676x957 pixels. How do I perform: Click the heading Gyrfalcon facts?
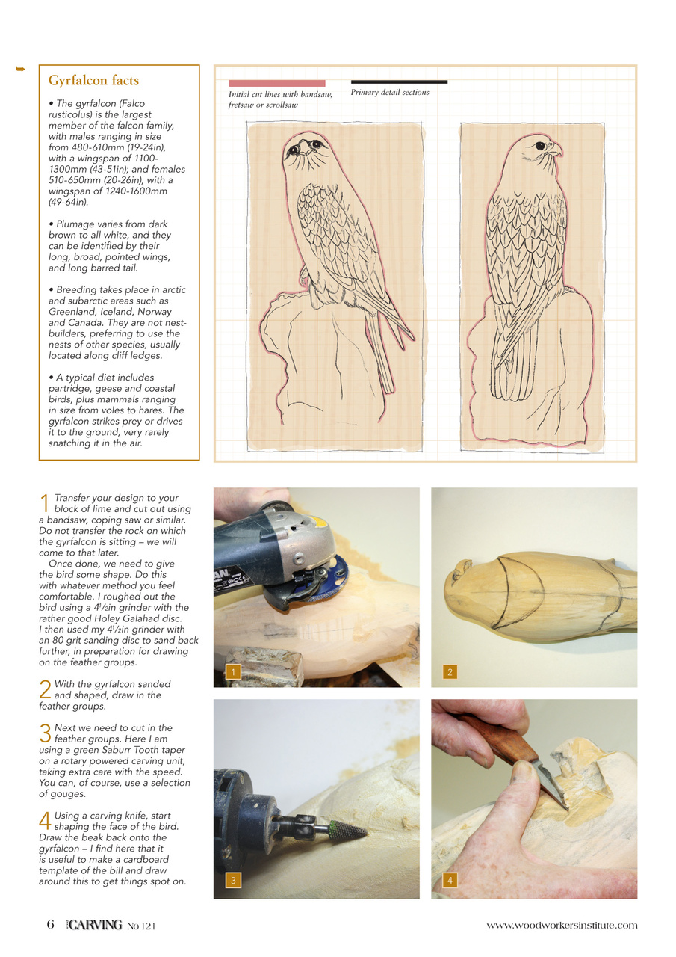point(93,80)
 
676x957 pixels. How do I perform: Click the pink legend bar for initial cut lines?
point(276,83)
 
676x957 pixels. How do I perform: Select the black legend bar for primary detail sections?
point(399,81)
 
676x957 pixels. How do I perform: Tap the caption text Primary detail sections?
point(390,93)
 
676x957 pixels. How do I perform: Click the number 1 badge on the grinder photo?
point(233,672)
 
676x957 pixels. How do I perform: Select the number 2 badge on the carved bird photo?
point(450,672)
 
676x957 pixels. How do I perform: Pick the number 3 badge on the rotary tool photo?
point(233,881)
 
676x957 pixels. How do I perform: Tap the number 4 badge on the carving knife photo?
point(450,881)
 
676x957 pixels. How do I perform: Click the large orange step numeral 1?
point(45,503)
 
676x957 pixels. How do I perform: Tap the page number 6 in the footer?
point(50,925)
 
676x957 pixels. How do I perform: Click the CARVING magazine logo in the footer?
point(93,925)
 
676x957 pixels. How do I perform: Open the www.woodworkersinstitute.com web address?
point(562,926)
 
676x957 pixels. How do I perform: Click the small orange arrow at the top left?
point(21,70)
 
